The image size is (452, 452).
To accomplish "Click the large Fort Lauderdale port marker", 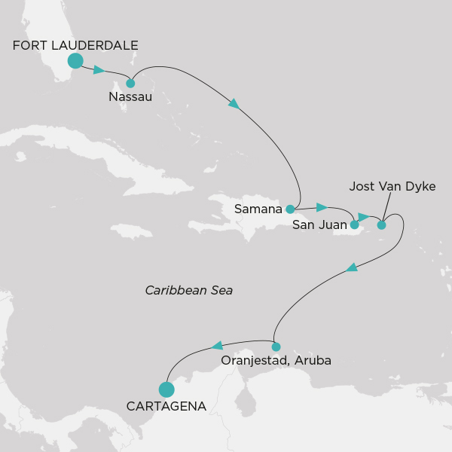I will (75, 61).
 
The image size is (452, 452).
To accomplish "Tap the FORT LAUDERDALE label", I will (75, 45).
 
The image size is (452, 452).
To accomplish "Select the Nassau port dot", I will (130, 84).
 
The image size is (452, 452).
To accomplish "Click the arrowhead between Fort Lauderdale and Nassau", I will (99, 70).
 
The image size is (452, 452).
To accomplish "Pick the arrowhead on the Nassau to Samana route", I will (234, 103).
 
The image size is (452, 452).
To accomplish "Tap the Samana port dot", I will (290, 209).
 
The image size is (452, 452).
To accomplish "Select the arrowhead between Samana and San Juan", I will (322, 207).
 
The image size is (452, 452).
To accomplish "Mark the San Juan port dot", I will (354, 224).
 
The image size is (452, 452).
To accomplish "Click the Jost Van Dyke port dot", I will (381, 224).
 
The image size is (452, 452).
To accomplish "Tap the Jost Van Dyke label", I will (392, 186).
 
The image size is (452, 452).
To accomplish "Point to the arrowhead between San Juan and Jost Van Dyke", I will (364, 217).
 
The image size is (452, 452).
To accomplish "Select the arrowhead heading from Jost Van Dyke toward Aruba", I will (352, 267).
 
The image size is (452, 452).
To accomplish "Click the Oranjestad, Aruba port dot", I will (276, 347).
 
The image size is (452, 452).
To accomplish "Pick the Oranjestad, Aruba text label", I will (276, 362).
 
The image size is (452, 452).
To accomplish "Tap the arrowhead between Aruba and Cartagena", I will (217, 345).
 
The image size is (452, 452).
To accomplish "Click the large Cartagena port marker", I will (166, 389).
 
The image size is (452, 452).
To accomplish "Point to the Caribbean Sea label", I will (189, 289).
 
